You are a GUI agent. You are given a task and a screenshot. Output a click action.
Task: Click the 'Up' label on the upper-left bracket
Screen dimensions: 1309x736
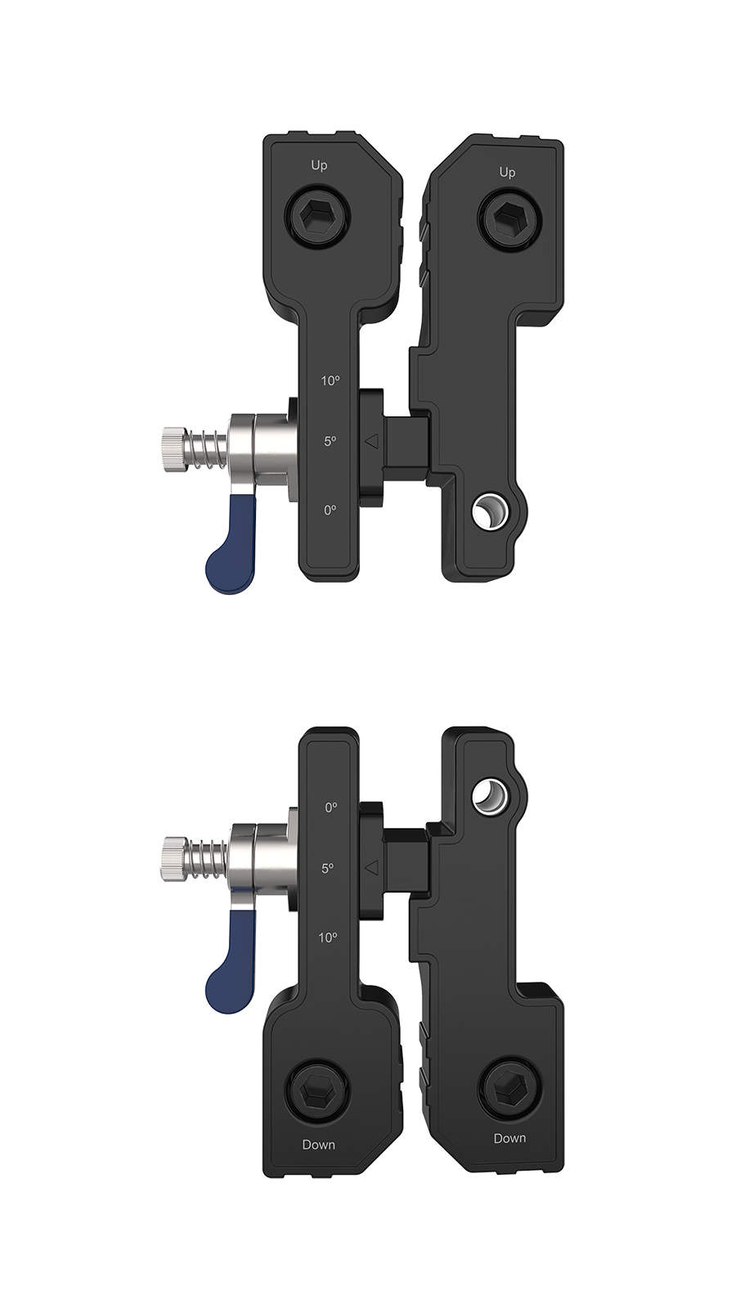point(319,165)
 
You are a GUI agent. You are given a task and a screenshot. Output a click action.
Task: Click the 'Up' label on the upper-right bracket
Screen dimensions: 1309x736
point(507,173)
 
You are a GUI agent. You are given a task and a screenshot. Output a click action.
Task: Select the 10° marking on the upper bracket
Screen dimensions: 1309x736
point(330,380)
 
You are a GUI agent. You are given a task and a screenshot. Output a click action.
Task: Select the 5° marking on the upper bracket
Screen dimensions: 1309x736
point(330,441)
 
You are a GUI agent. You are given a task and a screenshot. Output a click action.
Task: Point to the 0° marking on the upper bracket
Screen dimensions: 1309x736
point(330,510)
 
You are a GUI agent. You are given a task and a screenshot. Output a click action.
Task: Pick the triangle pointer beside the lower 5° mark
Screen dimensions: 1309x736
point(371,867)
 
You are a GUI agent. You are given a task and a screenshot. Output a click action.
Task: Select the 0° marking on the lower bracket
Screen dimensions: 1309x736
point(330,807)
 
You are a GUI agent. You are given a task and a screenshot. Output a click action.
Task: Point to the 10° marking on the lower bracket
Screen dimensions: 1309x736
point(328,937)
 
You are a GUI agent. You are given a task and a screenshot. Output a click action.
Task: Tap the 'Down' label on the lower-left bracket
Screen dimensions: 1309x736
point(318,1145)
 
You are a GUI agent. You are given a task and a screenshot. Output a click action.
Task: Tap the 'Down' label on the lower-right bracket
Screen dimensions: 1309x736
point(509,1138)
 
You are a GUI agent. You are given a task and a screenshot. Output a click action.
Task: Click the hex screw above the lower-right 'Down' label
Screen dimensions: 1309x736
point(507,1088)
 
